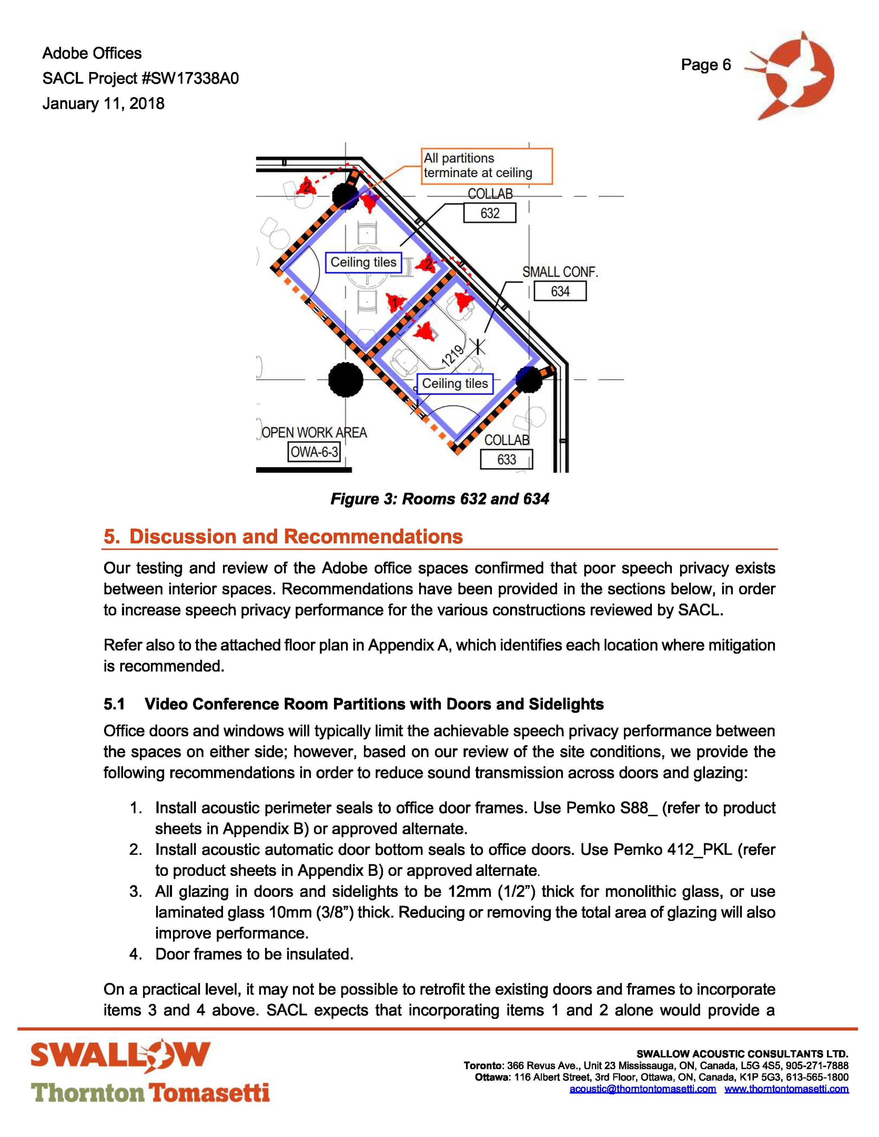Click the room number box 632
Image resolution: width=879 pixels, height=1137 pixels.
coord(489,213)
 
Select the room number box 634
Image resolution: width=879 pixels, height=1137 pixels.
coord(560,291)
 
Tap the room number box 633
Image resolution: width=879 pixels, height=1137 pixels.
coord(506,459)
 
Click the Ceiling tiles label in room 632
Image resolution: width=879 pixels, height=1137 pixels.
coord(364,262)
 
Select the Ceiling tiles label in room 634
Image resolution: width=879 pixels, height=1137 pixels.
coord(455,384)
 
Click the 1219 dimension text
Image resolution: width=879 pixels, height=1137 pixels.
coord(452,356)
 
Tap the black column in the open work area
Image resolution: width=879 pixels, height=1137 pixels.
coord(346,380)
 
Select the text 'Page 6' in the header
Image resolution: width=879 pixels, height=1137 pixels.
coord(706,65)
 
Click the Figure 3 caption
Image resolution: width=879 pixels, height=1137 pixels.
coord(440,499)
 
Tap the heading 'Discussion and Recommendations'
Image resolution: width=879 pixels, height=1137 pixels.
coord(295,536)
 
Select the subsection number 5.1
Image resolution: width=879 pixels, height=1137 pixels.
coord(114,704)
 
